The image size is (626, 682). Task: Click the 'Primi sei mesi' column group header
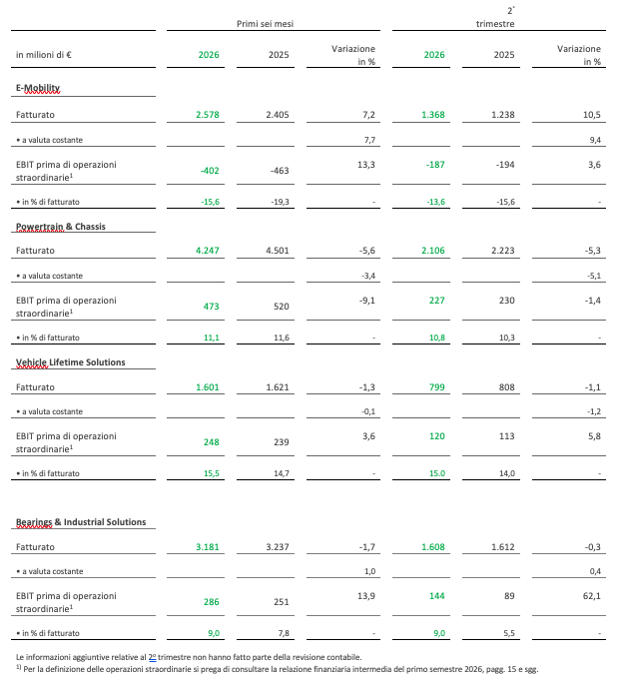265,24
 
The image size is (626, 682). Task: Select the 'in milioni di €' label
44,55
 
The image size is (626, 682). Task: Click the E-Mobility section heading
38,88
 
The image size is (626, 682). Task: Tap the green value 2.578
208,115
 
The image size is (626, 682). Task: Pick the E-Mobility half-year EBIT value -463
280,171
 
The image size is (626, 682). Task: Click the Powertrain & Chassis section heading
61,227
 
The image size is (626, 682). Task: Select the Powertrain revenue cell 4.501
278,251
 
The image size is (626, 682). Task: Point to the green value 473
211,307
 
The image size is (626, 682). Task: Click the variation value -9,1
367,301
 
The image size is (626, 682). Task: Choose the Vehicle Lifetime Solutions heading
71,362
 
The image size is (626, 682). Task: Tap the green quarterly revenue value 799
436,387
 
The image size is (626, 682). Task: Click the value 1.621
278,387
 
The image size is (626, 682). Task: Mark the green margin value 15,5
212,473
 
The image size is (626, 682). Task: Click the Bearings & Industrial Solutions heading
81,522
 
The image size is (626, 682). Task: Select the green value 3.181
208,547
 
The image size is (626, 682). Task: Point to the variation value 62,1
592,596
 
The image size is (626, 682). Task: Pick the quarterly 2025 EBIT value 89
509,596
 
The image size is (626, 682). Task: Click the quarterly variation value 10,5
592,115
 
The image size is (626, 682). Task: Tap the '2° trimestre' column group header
495,17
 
